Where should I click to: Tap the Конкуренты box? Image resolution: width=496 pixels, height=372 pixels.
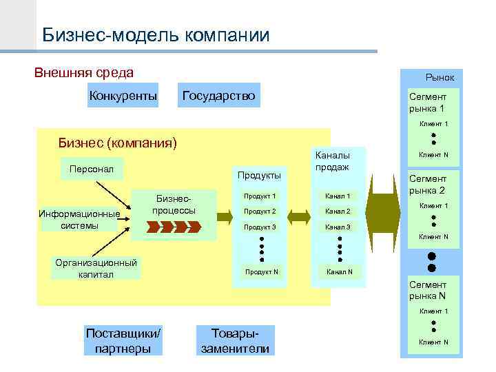[x=123, y=95]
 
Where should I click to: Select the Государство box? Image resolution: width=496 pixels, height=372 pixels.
[x=218, y=95]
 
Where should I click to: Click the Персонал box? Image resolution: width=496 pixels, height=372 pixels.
[x=91, y=168]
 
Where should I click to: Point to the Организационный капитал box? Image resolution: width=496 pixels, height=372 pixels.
[x=96, y=269]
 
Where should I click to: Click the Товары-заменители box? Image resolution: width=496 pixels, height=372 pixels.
[x=235, y=340]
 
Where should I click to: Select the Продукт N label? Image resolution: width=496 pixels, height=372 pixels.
[x=262, y=271]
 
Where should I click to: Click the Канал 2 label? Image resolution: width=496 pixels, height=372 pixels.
[x=338, y=211]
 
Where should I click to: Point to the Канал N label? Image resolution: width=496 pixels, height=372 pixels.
[x=340, y=271]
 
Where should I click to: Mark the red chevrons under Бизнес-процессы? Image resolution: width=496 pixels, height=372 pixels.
[x=173, y=227]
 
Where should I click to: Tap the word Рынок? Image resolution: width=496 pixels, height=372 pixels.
[x=440, y=79]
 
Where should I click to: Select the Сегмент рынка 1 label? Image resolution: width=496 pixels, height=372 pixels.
[x=428, y=103]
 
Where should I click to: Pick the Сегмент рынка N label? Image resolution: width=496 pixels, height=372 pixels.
[x=428, y=290]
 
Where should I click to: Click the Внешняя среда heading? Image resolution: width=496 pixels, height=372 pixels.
[x=84, y=72]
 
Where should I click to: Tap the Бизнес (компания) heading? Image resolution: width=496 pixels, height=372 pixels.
[x=118, y=144]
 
